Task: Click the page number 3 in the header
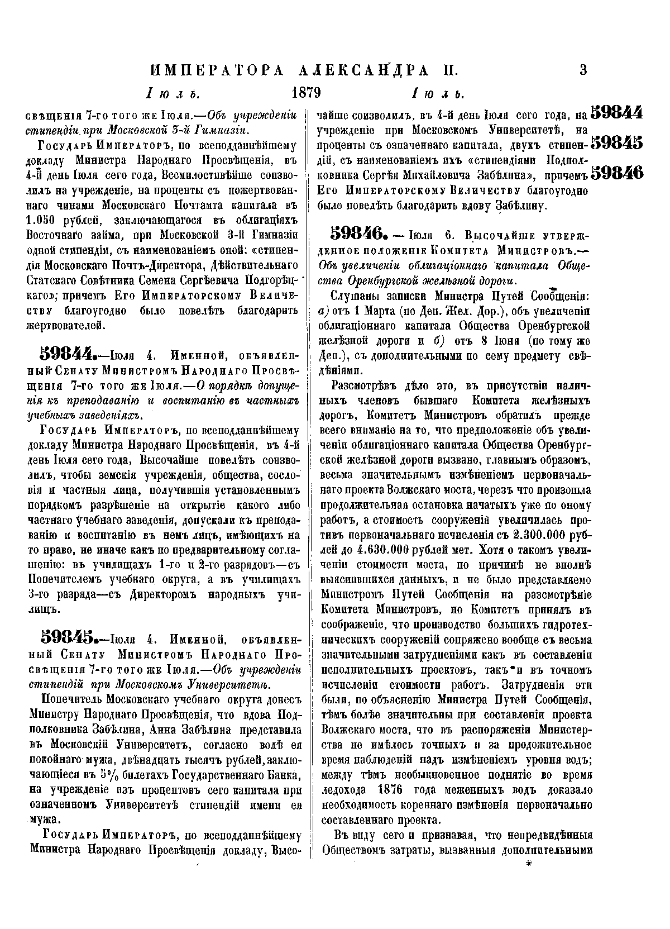583,70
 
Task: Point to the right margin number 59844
616,113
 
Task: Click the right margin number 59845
616,144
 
